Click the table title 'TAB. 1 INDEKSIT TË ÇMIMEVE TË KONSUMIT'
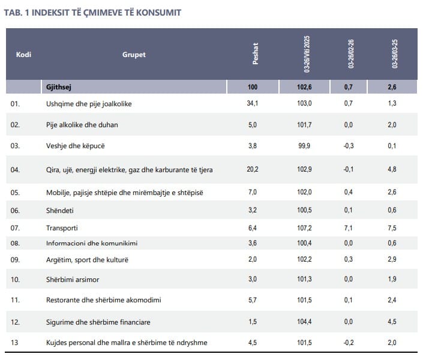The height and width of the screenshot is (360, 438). click(x=92, y=13)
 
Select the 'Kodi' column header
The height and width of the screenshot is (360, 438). click(x=23, y=55)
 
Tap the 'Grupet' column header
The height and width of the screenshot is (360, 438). click(x=134, y=55)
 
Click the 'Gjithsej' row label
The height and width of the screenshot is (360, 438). click(x=59, y=88)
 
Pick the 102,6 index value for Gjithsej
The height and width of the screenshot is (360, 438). click(x=305, y=88)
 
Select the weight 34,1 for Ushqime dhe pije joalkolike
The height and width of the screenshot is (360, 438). click(x=253, y=104)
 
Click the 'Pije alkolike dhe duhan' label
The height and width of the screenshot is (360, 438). click(x=82, y=125)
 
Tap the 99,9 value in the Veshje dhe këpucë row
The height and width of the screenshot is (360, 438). click(x=305, y=146)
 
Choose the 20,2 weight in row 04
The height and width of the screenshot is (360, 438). click(x=253, y=170)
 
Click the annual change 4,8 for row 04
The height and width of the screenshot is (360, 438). click(x=392, y=170)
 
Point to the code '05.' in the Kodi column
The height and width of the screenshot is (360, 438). click(x=16, y=192)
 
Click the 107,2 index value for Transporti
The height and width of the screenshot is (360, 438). click(x=305, y=228)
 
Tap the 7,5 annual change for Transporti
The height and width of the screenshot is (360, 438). click(x=392, y=228)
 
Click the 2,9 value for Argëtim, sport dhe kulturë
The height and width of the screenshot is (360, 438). click(x=392, y=260)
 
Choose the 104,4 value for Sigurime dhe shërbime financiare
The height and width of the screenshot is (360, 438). click(x=305, y=322)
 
